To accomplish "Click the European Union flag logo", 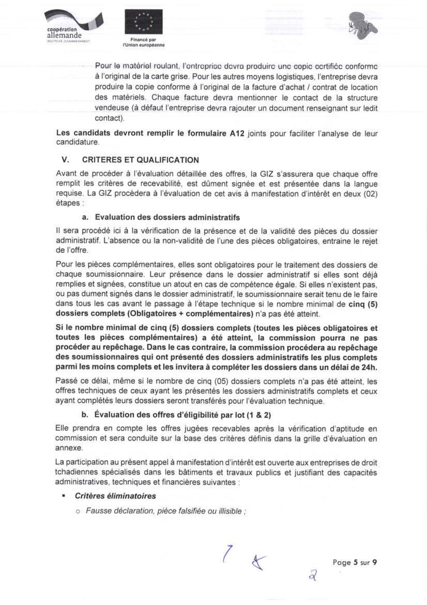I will click(143, 21).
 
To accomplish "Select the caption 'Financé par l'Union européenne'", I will click(143, 42).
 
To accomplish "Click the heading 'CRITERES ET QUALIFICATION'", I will click(140, 160).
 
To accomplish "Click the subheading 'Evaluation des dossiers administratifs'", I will click(167, 218).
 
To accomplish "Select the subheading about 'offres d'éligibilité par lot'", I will click(183, 415).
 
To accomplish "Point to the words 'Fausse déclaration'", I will click(120, 511).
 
